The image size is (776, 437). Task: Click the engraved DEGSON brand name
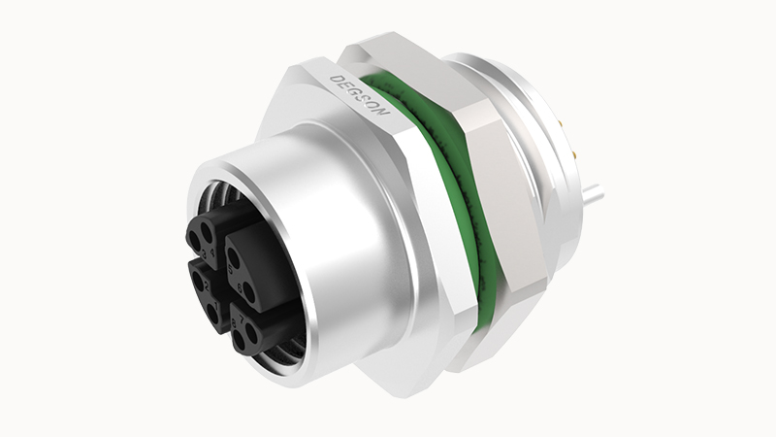[x=360, y=93]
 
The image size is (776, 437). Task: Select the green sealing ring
[x=456, y=194]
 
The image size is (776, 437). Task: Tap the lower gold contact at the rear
[x=574, y=154]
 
